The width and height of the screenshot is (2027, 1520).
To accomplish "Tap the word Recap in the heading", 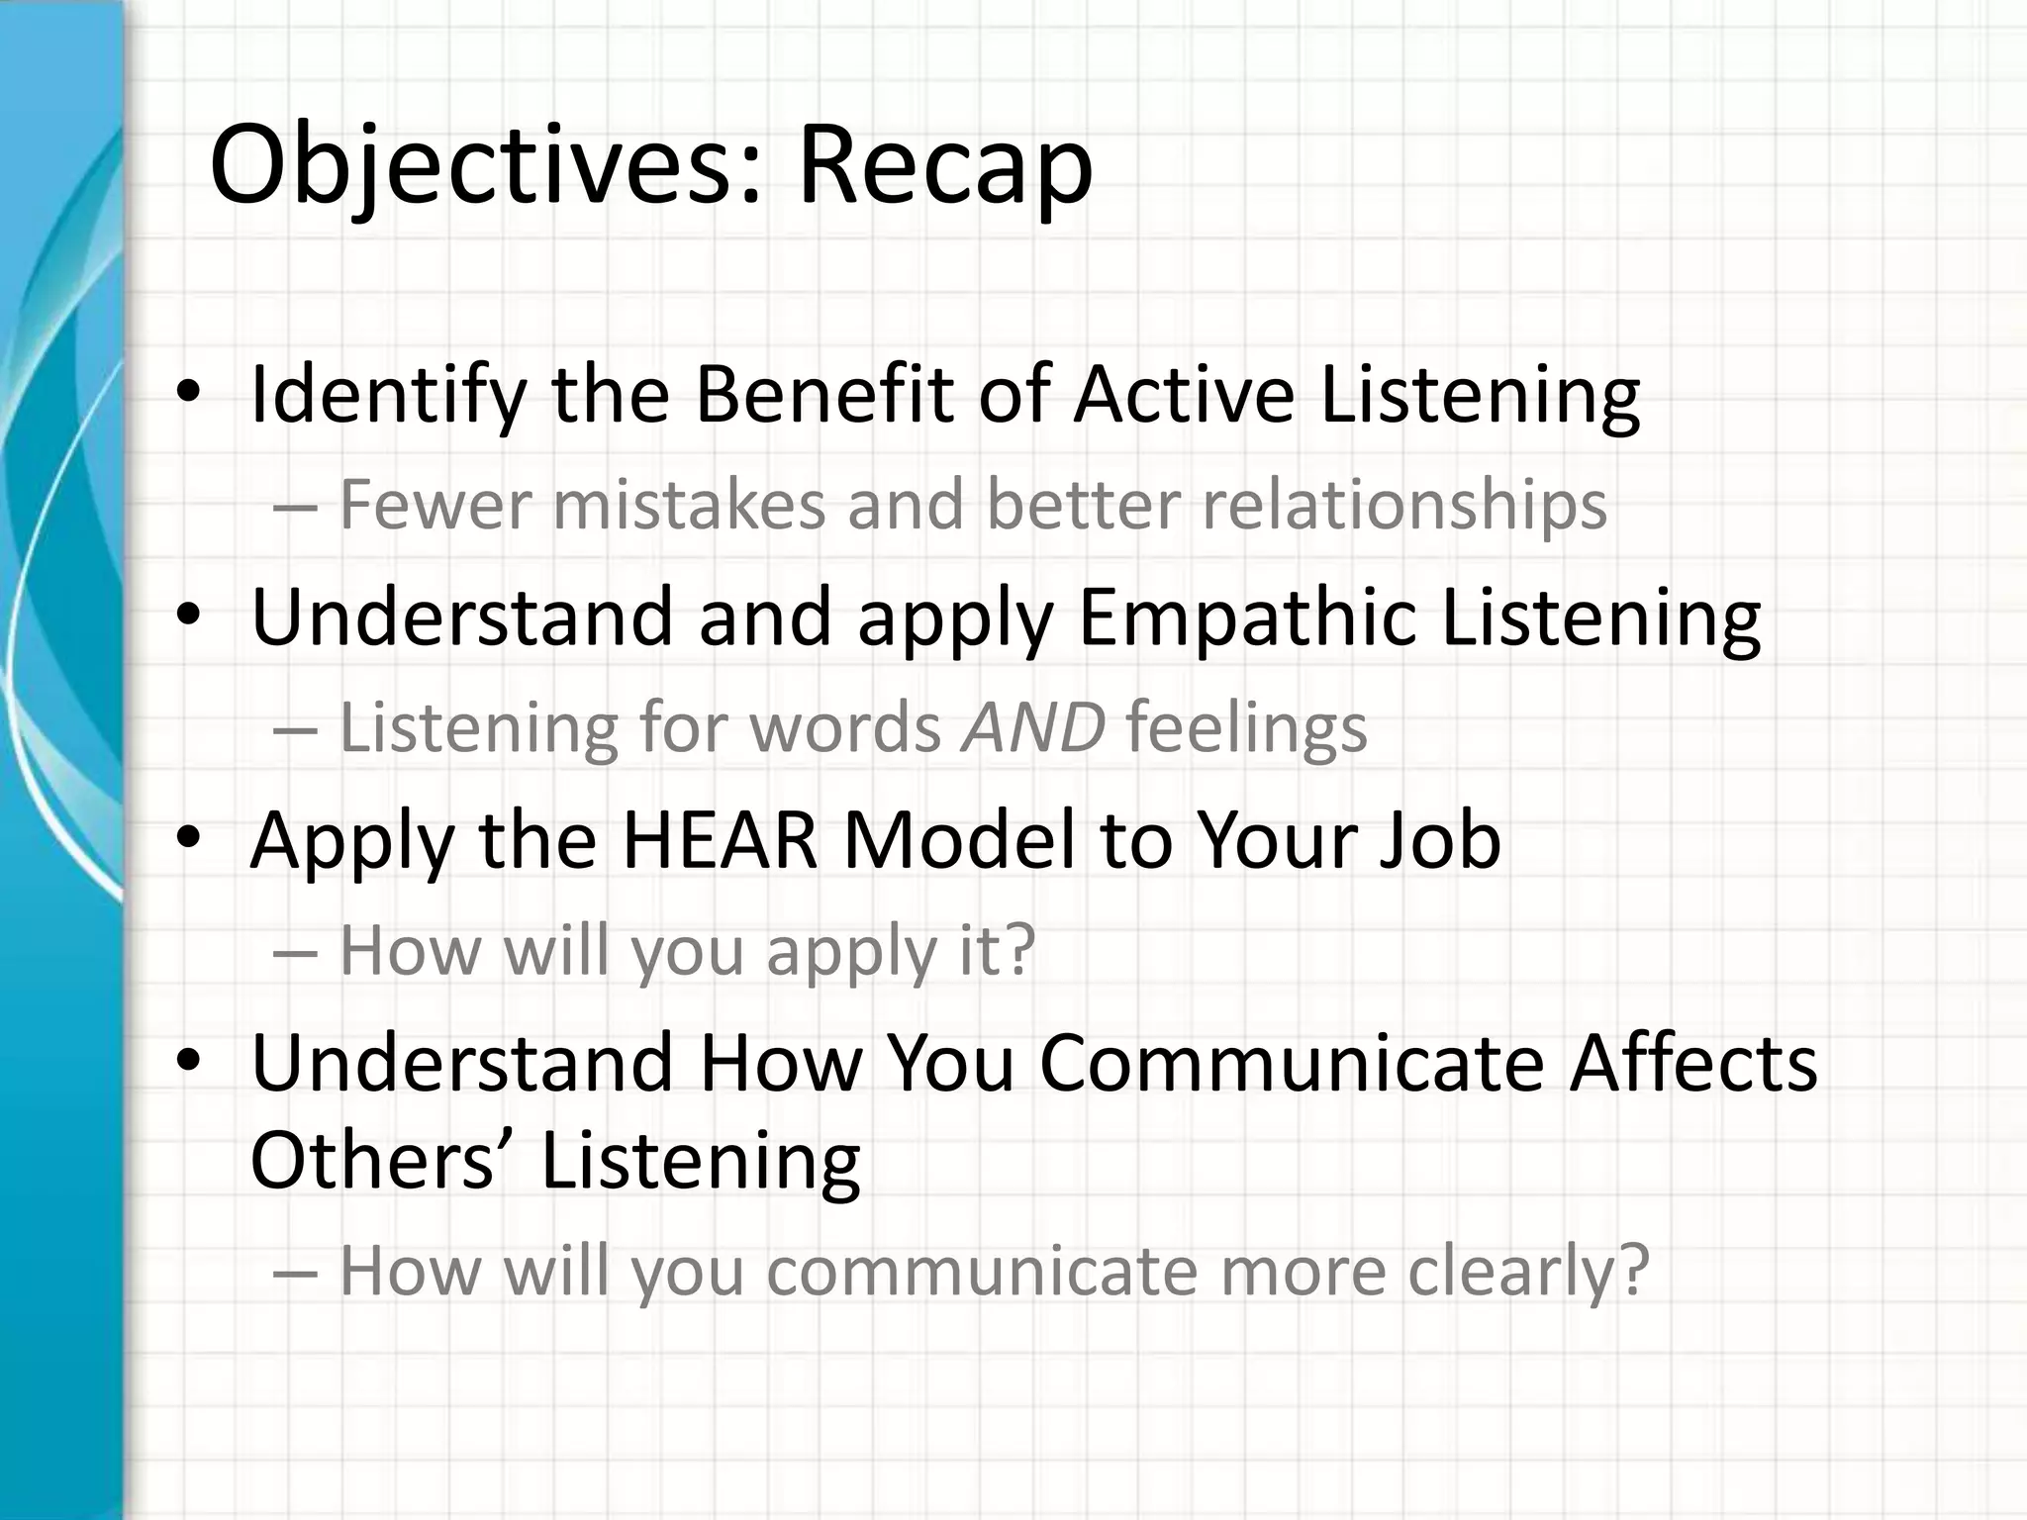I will click(x=944, y=166).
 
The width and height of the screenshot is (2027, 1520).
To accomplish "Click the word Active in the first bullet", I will click(x=1183, y=395).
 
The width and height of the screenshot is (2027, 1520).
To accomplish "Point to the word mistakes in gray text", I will click(x=688, y=506).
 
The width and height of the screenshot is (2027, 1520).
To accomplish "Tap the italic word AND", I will click(x=1032, y=727).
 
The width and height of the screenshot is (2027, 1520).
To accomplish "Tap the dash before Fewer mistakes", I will click(x=294, y=508).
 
